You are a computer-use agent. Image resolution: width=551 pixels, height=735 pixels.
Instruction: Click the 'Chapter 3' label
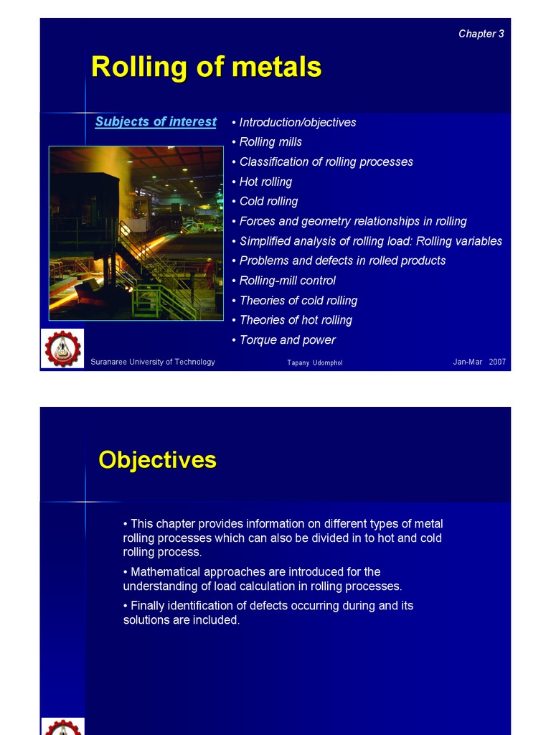[481, 34]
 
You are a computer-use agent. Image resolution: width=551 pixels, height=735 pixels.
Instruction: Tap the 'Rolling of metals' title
[206, 67]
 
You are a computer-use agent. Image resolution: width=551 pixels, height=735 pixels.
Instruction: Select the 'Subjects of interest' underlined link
[156, 121]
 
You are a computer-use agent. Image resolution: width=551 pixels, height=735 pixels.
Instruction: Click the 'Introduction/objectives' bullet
[293, 122]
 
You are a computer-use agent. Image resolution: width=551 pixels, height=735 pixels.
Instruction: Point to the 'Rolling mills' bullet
[267, 141]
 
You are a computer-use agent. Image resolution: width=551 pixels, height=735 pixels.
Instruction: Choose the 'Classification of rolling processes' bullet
[322, 161]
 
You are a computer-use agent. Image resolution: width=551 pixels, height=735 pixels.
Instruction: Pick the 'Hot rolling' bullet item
[262, 182]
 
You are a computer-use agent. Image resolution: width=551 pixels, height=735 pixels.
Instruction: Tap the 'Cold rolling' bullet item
[265, 202]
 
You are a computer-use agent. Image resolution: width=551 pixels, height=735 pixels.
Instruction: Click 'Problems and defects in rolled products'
[339, 261]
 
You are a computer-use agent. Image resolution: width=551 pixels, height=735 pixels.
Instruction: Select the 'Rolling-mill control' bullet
[284, 281]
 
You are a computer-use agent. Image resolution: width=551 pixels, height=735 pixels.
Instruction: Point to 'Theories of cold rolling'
[295, 301]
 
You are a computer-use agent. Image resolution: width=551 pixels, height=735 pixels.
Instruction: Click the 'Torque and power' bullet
[284, 340]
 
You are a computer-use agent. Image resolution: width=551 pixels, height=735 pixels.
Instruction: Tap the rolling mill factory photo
[136, 233]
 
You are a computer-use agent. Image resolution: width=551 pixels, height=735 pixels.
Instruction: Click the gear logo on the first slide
[62, 348]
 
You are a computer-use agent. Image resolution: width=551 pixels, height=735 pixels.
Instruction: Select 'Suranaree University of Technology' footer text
[153, 362]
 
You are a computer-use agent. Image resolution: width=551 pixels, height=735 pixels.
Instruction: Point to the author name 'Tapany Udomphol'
[315, 362]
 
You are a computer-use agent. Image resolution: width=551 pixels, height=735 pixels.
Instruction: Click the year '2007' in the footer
[497, 362]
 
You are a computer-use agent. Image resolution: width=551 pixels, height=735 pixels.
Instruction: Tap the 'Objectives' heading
[157, 460]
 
